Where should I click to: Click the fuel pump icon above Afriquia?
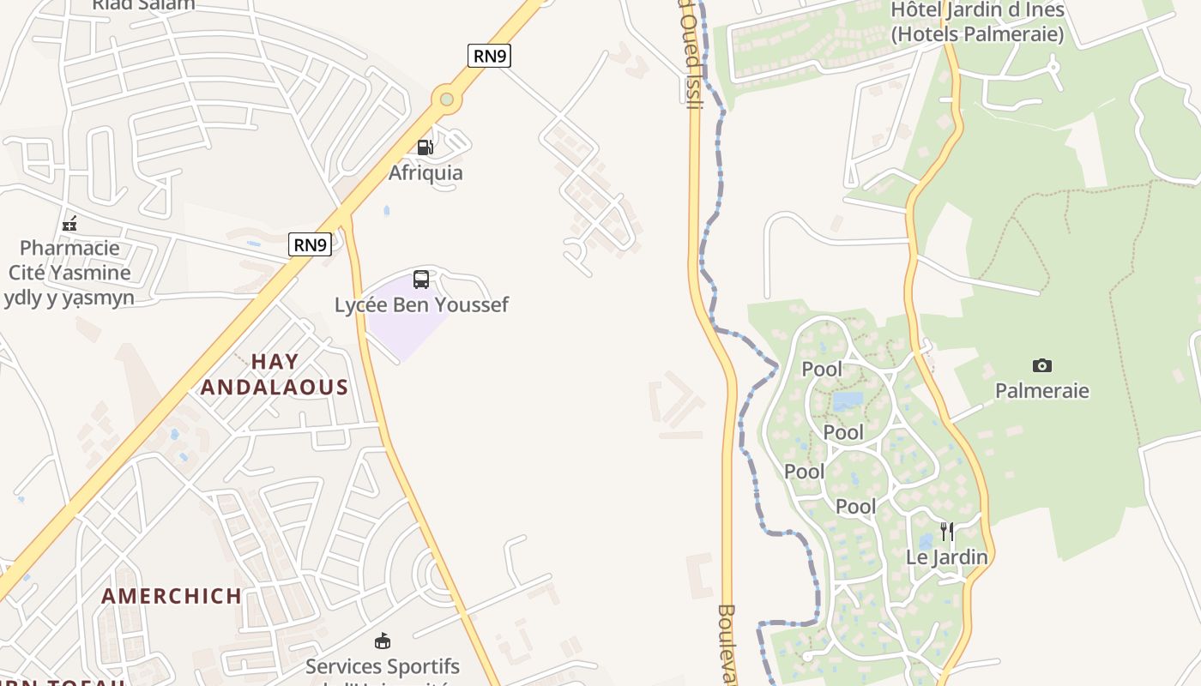(425, 147)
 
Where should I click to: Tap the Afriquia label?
(425, 172)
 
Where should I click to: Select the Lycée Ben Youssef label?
(421, 304)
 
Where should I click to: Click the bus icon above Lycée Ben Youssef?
(420, 279)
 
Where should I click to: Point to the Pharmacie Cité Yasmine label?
(69, 273)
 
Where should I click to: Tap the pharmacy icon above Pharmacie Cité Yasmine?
(69, 224)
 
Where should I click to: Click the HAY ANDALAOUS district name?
(275, 375)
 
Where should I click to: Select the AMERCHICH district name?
(172, 596)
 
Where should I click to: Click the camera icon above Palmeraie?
(1041, 366)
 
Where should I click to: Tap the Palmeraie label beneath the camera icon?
(1041, 391)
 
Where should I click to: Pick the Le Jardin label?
(947, 557)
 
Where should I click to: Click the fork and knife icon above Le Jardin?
(947, 532)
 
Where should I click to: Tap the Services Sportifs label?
(383, 667)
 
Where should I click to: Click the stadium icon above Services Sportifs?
(383, 641)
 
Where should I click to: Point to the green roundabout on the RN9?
(446, 99)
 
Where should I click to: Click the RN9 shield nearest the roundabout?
(489, 57)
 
